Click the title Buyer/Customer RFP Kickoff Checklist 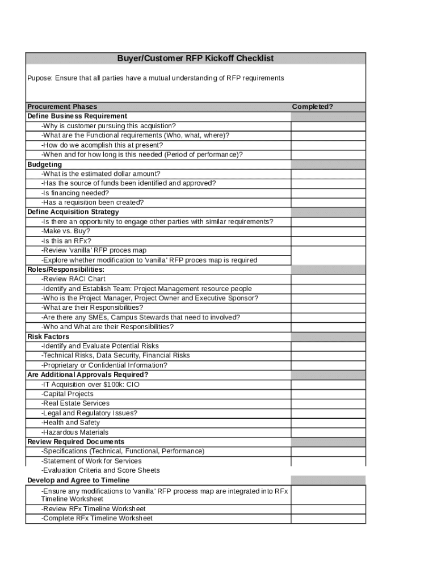pyautogui.click(x=195, y=58)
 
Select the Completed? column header pyautogui.click(x=312, y=107)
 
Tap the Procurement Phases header pyautogui.click(x=62, y=107)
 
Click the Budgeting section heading pyautogui.click(x=44, y=165)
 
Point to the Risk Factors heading pyautogui.click(x=48, y=336)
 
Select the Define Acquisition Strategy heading pyautogui.click(x=73, y=212)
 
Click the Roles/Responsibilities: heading pyautogui.click(x=66, y=270)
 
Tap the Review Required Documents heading pyautogui.click(x=75, y=441)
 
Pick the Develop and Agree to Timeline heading pyautogui.click(x=78, y=480)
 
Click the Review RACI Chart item pyautogui.click(x=73, y=279)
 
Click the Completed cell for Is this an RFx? pyautogui.click(x=328, y=241)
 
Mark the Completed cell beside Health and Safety pyautogui.click(x=328, y=423)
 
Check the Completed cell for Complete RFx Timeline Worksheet pyautogui.click(x=328, y=518)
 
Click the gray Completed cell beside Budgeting pyautogui.click(x=328, y=165)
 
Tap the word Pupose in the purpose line pyautogui.click(x=39, y=78)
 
